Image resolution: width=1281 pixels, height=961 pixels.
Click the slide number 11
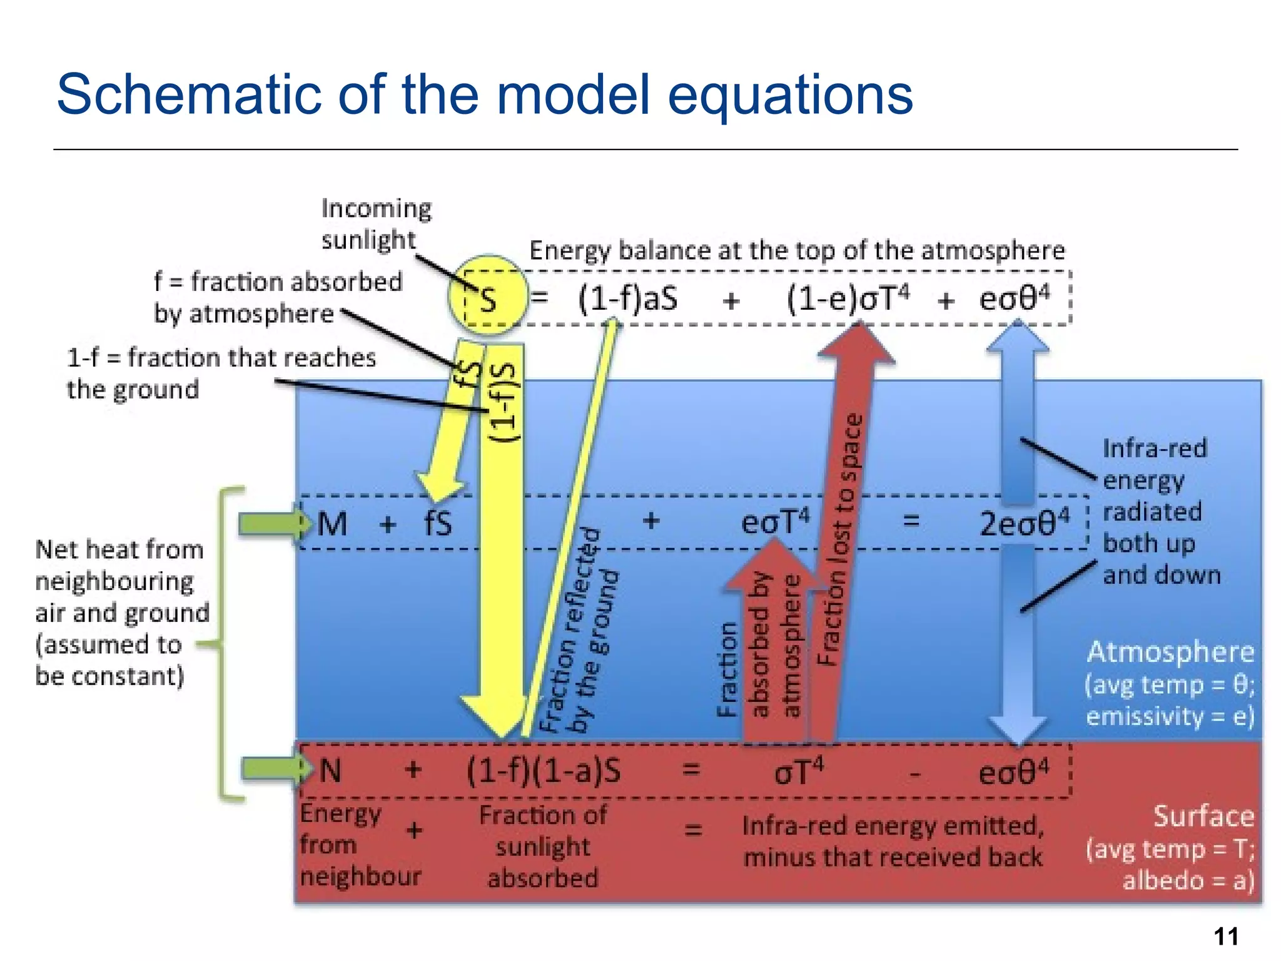pos(1226,937)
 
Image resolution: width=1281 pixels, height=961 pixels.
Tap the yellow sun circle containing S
pos(489,295)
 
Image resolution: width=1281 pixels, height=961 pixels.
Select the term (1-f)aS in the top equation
pos(627,298)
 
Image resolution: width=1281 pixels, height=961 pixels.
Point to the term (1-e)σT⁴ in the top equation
pos(848,298)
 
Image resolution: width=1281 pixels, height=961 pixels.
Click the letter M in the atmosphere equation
pos(332,524)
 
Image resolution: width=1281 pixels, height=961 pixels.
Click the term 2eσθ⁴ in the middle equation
pos(1024,523)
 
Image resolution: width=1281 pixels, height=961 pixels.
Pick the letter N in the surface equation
pos(330,770)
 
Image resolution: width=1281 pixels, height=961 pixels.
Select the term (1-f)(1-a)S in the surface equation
pos(544,771)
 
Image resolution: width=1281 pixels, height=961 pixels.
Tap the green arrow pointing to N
pos(275,768)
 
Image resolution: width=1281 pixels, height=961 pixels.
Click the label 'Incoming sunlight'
pos(375,224)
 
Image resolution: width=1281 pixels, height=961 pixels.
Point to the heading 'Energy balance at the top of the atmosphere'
pos(797,251)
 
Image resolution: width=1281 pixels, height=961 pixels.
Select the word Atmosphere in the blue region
pos(1170,652)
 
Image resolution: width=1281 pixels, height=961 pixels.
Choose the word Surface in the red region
pos(1203,816)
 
